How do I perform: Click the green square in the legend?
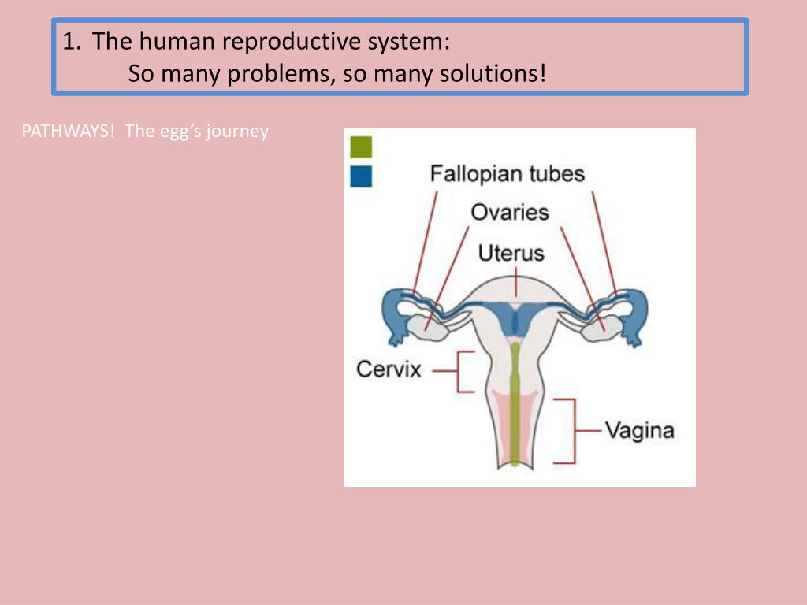point(361,147)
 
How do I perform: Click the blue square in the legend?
point(361,176)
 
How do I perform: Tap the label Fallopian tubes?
point(507,173)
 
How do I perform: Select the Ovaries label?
point(510,212)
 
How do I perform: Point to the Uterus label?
point(511,253)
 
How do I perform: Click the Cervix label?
point(389,368)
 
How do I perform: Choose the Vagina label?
point(639,431)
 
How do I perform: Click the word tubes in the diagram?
point(556,173)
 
